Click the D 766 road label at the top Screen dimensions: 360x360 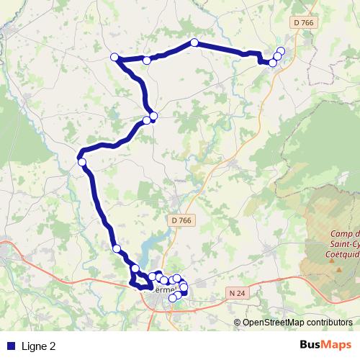[305, 23]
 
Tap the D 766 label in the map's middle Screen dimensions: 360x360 [183, 220]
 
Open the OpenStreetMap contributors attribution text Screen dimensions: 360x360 [297, 323]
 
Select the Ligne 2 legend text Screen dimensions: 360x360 [39, 346]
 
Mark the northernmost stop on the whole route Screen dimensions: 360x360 [194, 42]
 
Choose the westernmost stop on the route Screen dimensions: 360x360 [82, 163]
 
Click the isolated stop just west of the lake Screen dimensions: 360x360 [116, 248]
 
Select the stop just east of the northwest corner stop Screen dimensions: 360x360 [147, 60]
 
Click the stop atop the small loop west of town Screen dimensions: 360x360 [135, 269]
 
